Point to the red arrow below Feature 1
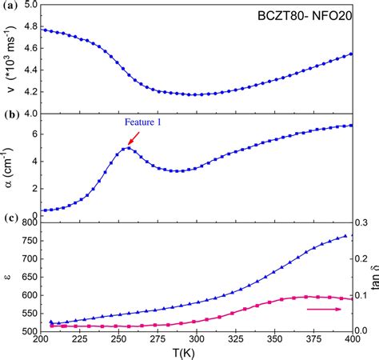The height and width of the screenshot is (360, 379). (132, 140)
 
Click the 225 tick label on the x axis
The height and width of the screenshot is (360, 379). (78, 339)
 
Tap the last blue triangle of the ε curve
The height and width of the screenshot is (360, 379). (345, 236)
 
